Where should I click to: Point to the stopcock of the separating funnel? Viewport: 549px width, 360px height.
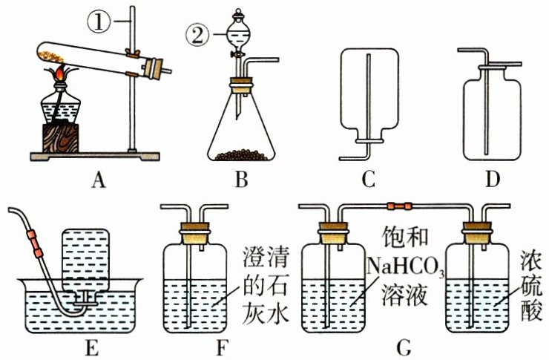coord(237,54)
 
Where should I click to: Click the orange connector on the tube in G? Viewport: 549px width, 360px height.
coord(398,202)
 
